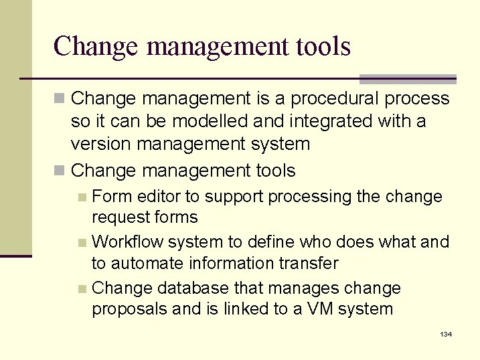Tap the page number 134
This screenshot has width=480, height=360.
pyautogui.click(x=446, y=334)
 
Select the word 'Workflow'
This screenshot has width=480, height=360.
pyautogui.click(x=127, y=242)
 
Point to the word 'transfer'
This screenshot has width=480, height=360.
pyautogui.click(x=309, y=264)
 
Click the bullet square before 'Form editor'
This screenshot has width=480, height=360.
pyautogui.click(x=81, y=197)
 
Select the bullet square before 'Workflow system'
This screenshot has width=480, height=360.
pyautogui.click(x=81, y=242)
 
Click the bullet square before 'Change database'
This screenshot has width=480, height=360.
pyautogui.click(x=81, y=289)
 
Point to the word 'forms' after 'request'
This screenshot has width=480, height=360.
pyautogui.click(x=176, y=217)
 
